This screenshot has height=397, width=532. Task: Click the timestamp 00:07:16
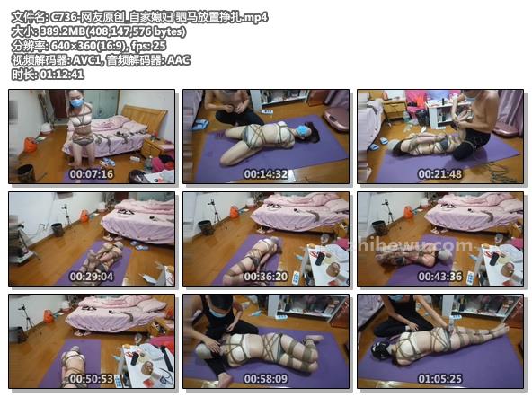92,174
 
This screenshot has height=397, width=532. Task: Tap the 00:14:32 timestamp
266,174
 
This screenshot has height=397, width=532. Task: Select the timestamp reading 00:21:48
440,174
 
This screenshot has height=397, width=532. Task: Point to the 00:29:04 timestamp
92,277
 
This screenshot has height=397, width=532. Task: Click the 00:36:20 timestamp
266,277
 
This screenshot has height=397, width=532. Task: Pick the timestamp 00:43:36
440,277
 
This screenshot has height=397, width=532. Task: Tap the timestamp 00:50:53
92,379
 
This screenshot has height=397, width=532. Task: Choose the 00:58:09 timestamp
266,379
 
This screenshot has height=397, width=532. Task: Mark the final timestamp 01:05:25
440,379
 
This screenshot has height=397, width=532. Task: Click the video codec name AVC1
86,60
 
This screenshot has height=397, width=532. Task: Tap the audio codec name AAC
178,60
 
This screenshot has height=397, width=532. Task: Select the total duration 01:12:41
62,75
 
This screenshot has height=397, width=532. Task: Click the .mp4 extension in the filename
255,17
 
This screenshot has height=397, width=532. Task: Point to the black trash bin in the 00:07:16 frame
26,173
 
